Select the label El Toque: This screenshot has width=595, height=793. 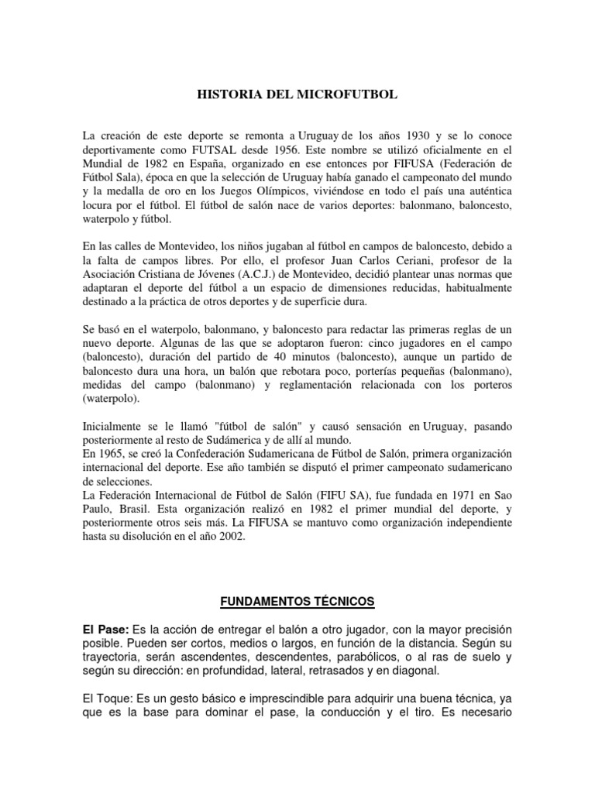click(x=110, y=699)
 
